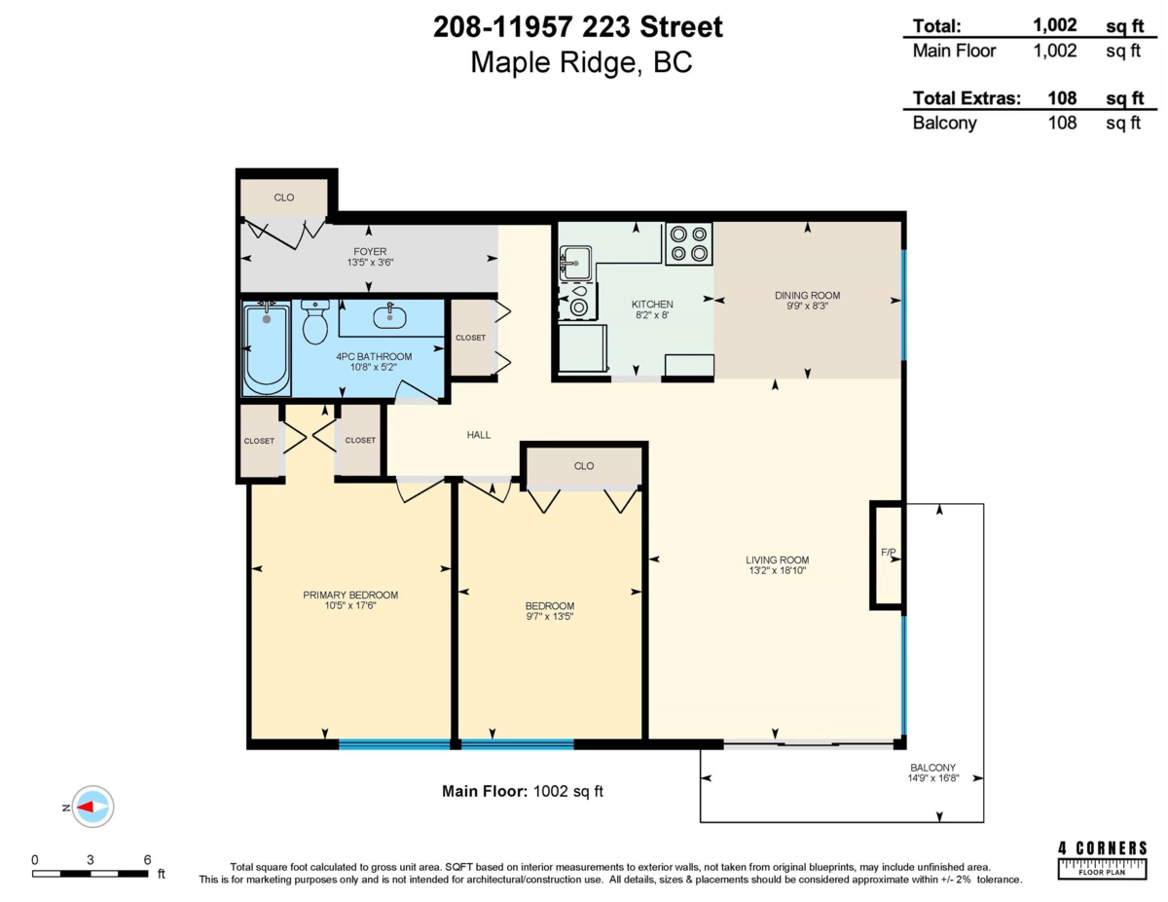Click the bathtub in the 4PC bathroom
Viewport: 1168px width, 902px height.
pos(267,348)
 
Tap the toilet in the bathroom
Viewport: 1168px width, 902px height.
pos(314,323)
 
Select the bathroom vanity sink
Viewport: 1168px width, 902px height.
pos(389,314)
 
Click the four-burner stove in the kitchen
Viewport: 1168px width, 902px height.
pos(688,243)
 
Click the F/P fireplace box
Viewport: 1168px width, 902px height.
pos(887,555)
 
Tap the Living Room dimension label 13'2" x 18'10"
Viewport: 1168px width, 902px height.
pos(778,571)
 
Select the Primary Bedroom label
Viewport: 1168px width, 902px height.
pos(349,595)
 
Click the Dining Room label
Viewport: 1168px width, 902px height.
pos(807,295)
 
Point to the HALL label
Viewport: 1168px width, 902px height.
pos(477,435)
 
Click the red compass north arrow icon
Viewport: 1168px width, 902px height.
pos(92,807)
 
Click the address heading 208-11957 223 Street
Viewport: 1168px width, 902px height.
pos(578,27)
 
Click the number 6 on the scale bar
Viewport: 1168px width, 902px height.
pos(147,859)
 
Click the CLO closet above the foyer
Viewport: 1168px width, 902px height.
pos(283,198)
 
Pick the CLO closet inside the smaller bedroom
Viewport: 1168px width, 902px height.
pos(583,466)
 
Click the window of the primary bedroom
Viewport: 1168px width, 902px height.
pos(394,744)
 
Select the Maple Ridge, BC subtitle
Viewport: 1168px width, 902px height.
pos(581,63)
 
